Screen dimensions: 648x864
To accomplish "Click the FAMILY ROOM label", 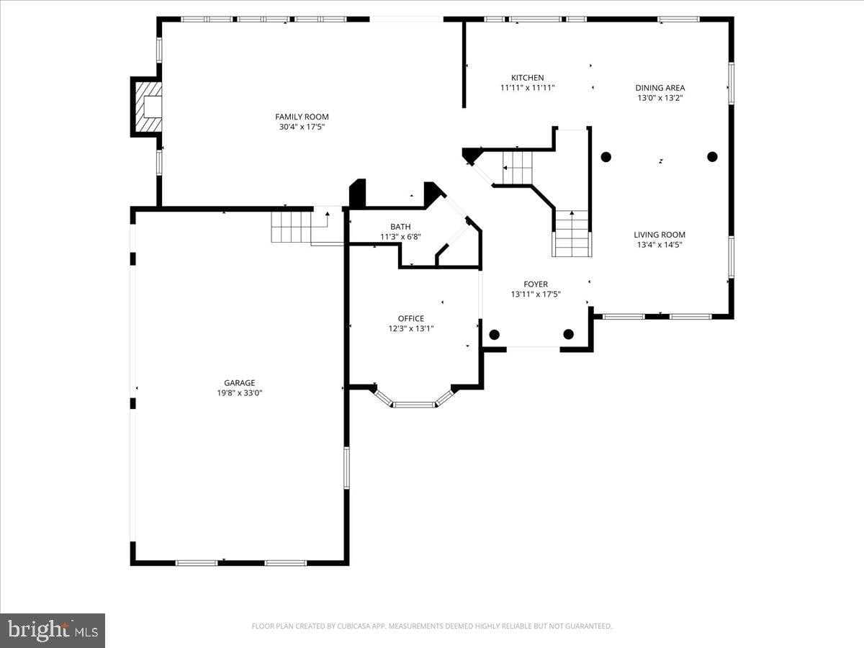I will pos(302,117).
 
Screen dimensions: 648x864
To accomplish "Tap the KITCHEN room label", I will pos(527,78).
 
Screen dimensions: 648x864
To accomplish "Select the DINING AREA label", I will pos(660,88).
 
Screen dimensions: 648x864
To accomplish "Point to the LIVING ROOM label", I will pos(659,235).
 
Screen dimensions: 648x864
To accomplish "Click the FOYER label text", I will pos(535,284).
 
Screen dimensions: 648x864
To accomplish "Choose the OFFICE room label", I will pos(410,318).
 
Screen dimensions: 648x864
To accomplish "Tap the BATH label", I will pos(400,227).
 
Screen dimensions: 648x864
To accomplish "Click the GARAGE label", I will pos(239,383).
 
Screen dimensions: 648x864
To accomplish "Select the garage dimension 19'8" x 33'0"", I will pos(239,393).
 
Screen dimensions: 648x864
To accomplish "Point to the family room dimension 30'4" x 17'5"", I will pos(302,127).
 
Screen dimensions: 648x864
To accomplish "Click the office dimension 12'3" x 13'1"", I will pos(410,328).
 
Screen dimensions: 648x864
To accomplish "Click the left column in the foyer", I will pos(494,334).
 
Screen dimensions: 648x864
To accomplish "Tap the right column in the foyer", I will pos(568,334).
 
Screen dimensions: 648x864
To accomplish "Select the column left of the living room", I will pos(606,157).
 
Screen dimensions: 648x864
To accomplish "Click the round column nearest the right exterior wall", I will pos(712,157).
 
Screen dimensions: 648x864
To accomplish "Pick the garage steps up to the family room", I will pos(292,226).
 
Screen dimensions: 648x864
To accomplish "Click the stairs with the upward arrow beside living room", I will pos(572,234).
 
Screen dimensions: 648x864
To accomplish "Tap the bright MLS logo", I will pos(53,630).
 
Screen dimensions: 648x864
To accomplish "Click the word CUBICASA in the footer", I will pos(359,626).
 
